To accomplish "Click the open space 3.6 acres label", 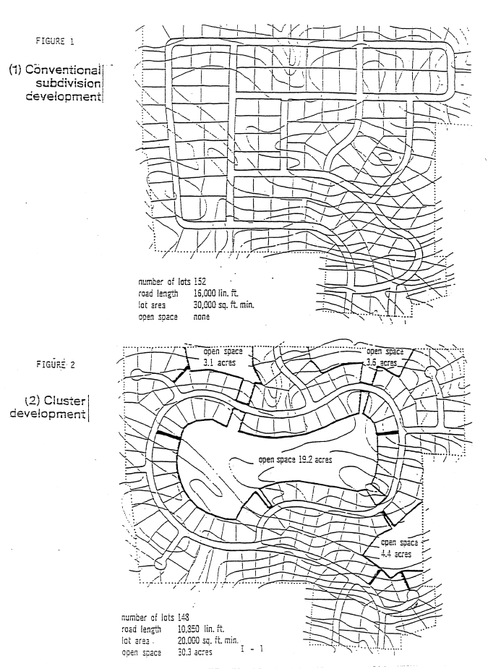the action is [x=385, y=357].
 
